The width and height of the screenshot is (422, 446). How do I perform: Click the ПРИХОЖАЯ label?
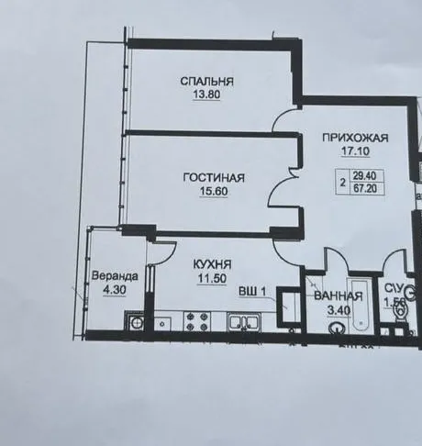[355, 138]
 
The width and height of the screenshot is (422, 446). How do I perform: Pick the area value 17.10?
[355, 152]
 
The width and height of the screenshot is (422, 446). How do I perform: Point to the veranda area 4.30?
[114, 290]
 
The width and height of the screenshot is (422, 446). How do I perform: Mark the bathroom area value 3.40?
[341, 312]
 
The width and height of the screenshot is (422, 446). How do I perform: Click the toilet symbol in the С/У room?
[398, 314]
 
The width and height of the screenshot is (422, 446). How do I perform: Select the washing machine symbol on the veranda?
[135, 321]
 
